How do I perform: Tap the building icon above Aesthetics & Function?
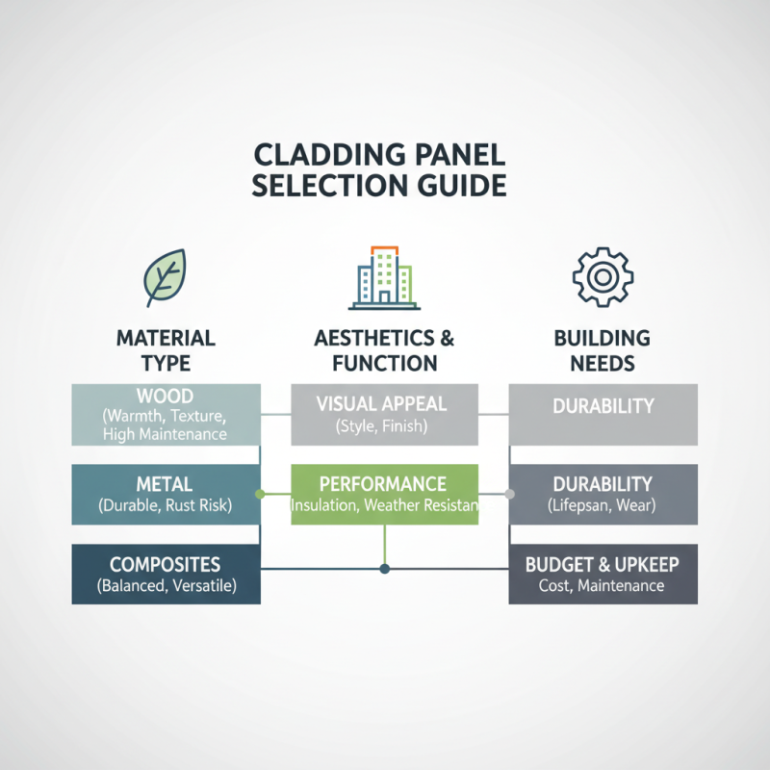[x=385, y=276]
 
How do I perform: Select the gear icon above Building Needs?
[x=603, y=276]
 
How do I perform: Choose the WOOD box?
[x=166, y=415]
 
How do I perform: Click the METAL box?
[x=166, y=494]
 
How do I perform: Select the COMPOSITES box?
[x=166, y=574]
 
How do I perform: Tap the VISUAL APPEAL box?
[x=385, y=415]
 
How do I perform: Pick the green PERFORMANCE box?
[x=384, y=494]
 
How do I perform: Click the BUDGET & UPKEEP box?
[x=603, y=574]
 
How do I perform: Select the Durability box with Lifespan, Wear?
[x=603, y=494]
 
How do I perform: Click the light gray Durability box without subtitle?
[x=603, y=415]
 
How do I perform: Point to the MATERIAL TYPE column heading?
[x=166, y=350]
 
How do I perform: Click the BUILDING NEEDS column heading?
[x=603, y=350]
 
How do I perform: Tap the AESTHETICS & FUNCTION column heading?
[x=385, y=350]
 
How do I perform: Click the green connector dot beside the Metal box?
[x=260, y=494]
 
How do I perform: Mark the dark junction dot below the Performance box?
[x=385, y=569]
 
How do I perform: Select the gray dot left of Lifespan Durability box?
[x=510, y=494]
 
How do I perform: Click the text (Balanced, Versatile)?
[x=166, y=585]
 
